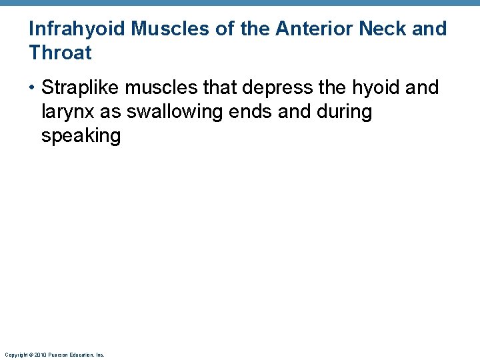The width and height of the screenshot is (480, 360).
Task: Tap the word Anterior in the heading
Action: [317, 29]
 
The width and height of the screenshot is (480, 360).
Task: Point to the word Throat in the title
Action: [60, 53]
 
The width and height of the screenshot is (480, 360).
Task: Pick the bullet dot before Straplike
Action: [33, 88]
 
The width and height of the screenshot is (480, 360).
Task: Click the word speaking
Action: [81, 136]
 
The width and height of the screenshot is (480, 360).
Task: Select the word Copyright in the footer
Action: [15, 355]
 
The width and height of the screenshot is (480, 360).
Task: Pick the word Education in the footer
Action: [81, 355]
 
